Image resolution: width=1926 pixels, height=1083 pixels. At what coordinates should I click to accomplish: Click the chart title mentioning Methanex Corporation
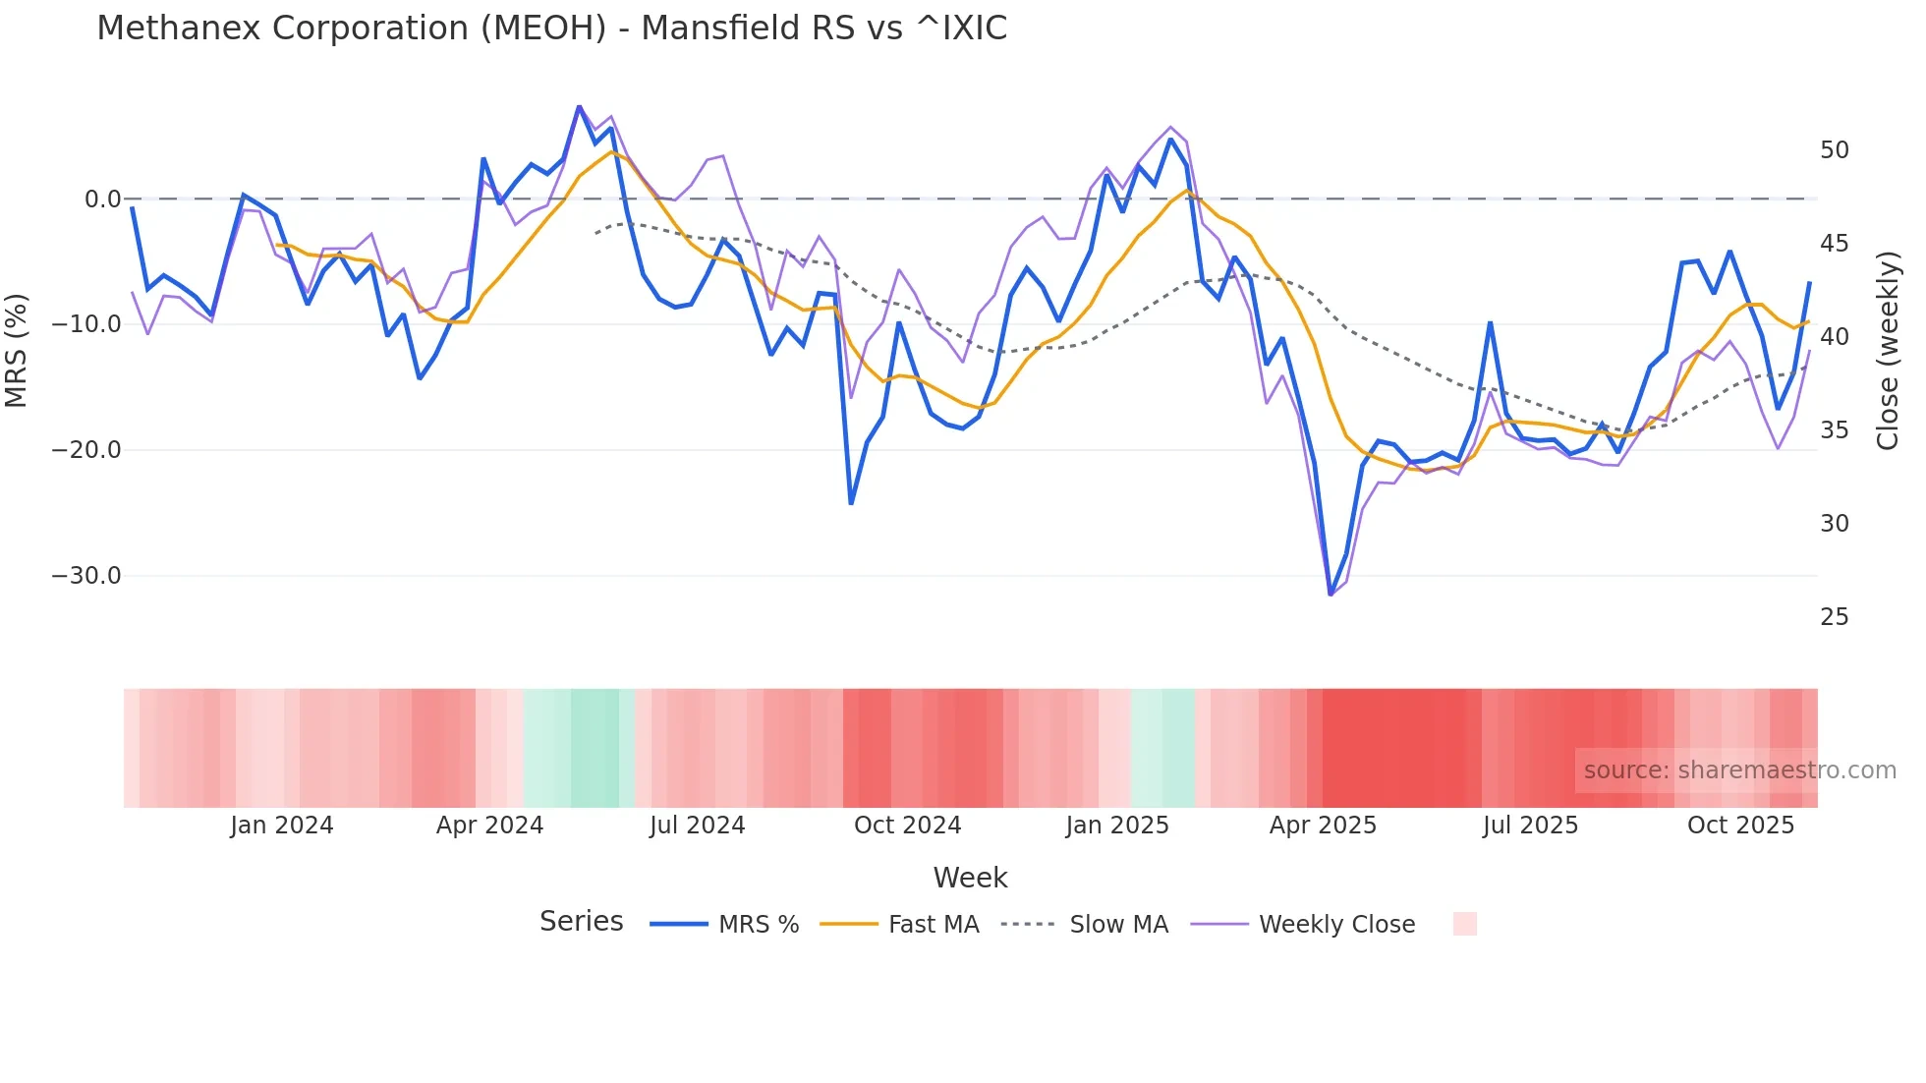[551, 28]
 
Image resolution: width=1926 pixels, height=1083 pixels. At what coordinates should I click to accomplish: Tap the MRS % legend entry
[758, 925]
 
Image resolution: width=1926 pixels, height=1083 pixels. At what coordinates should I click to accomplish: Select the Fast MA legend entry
[933, 925]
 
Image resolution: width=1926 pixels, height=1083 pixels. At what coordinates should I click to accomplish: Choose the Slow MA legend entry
[1118, 925]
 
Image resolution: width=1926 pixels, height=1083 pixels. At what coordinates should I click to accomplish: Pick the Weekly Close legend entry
[1336, 925]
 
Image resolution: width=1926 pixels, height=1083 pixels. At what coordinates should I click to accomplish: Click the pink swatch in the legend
[1464, 924]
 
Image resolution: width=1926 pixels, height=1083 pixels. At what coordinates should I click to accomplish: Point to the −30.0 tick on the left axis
[86, 576]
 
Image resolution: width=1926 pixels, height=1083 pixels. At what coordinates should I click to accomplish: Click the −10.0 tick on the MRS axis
[86, 324]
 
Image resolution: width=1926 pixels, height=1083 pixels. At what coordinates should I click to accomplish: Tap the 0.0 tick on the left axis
[102, 199]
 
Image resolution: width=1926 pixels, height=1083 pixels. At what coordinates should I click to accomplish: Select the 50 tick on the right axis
[1834, 150]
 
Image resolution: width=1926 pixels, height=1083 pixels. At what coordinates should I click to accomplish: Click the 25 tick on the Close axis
[1834, 617]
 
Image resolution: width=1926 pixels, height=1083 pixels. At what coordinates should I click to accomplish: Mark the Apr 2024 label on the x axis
[489, 826]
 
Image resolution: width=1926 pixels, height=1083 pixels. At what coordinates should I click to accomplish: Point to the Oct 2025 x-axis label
[1740, 826]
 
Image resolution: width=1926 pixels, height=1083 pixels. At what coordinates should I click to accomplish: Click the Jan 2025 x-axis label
[1117, 826]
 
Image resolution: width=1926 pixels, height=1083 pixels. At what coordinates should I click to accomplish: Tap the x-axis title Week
[970, 878]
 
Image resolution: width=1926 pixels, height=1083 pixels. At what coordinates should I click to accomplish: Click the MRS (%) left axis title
[17, 350]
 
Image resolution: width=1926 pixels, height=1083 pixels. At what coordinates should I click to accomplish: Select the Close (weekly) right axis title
[1888, 350]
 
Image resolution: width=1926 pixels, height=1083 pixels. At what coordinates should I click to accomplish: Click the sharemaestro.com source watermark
[1739, 770]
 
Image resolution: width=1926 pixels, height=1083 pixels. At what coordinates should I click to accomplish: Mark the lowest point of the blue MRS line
[1331, 595]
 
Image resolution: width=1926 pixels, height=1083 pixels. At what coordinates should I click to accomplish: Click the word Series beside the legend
[581, 922]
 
